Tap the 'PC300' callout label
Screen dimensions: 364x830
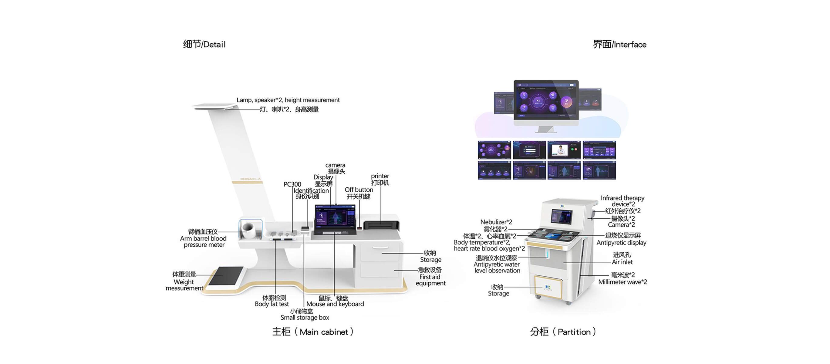point(292,184)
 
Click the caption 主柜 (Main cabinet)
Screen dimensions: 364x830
point(313,332)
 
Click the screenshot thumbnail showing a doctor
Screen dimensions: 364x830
point(564,150)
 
